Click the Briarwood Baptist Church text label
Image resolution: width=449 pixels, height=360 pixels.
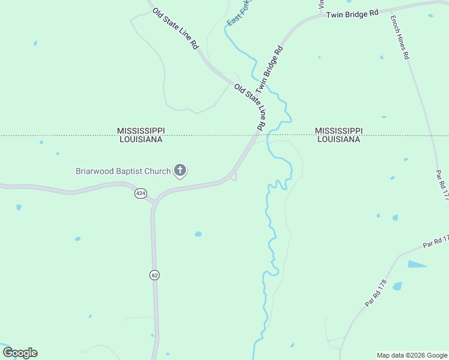coord(123,172)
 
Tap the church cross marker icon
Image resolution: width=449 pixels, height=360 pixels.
coord(179,171)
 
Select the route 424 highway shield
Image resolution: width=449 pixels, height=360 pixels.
coord(140,193)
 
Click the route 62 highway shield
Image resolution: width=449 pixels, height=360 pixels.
coord(154,275)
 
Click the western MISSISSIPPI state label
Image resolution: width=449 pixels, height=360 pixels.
coord(140,131)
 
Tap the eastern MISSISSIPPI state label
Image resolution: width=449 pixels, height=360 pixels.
coord(339,131)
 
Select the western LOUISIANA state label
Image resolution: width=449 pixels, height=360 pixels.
coord(140,139)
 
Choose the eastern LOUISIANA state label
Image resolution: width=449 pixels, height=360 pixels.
coord(339,139)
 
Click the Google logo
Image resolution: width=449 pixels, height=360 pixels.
coord(20,353)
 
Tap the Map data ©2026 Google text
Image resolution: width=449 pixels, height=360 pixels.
coord(412,355)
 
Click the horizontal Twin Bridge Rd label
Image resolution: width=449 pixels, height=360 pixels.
coord(353,13)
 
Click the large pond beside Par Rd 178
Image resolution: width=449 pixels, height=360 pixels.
coord(417,264)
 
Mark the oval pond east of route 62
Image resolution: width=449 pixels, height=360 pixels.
coord(198,234)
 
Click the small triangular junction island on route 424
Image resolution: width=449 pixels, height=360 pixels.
coord(234,176)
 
